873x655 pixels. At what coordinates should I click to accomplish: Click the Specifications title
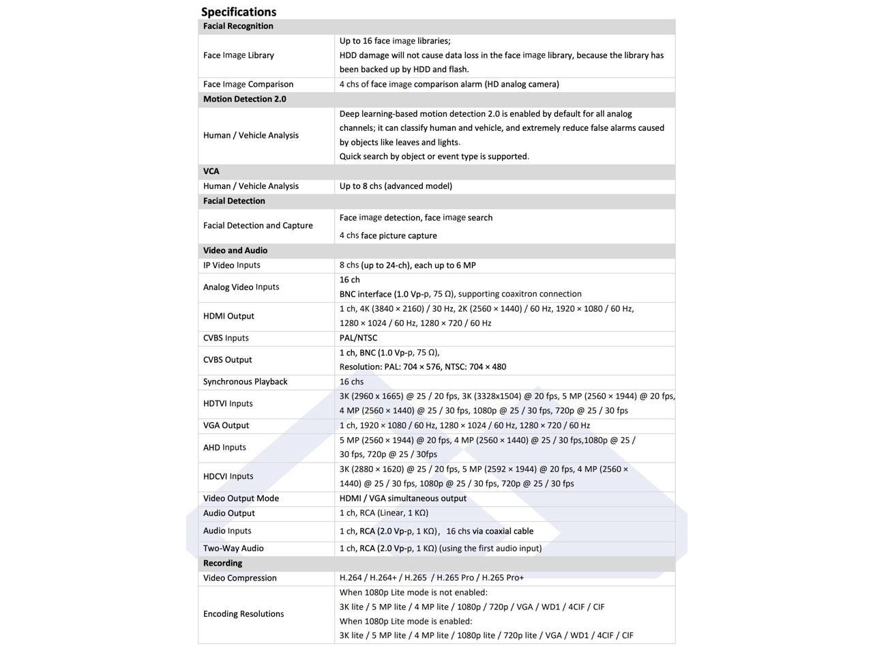click(239, 12)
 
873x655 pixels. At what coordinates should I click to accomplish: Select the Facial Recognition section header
click(238, 26)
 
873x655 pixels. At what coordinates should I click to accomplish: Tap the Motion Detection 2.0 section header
click(244, 99)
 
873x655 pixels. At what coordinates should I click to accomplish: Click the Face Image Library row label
click(239, 55)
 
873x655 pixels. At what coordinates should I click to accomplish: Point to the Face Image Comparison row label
click(248, 84)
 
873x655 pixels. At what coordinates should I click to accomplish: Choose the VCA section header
click(211, 171)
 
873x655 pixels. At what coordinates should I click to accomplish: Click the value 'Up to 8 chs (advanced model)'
click(396, 186)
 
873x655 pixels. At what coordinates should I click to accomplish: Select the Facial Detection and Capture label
click(258, 225)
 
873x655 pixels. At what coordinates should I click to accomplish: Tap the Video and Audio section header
click(235, 250)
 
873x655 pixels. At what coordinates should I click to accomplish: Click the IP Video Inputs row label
click(232, 265)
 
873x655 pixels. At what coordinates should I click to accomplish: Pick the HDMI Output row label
click(228, 316)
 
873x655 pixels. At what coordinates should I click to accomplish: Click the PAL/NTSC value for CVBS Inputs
click(358, 338)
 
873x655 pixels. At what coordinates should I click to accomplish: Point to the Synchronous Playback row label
click(246, 381)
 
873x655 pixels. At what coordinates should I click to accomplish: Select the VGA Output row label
click(226, 425)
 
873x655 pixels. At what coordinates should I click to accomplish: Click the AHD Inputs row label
click(224, 447)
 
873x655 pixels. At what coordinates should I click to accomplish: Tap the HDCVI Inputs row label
click(228, 476)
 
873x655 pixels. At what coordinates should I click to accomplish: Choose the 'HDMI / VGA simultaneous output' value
click(403, 498)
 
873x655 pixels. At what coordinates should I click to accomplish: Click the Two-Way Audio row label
click(233, 548)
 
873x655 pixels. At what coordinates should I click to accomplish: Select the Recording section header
click(223, 563)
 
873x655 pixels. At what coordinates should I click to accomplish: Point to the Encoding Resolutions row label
click(243, 613)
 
